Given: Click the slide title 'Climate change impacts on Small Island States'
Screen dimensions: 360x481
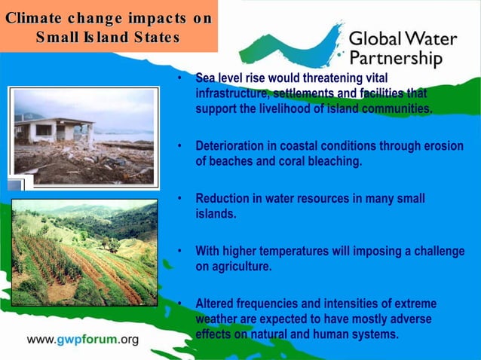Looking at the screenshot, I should click(x=108, y=27).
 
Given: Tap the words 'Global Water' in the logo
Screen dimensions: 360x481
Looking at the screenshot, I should click(x=403, y=38).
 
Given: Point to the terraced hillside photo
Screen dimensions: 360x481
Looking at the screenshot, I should click(x=84, y=252).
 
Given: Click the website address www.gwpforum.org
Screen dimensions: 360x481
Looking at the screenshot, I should click(x=83, y=340).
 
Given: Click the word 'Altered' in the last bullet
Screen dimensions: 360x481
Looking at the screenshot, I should click(x=216, y=304).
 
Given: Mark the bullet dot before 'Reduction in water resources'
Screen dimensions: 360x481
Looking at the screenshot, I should click(x=180, y=199).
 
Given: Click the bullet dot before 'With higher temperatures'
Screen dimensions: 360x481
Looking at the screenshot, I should click(x=180, y=252).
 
